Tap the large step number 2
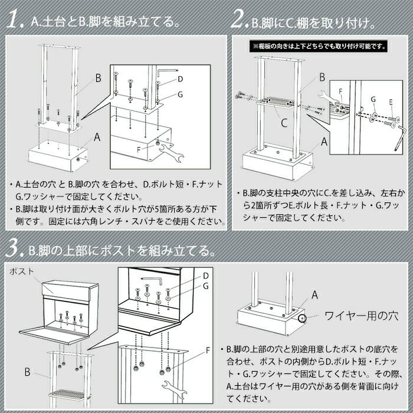click(240, 19)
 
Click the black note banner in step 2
click(319, 47)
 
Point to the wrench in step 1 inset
click(171, 152)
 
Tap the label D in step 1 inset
click(180, 79)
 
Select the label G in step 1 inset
click(180, 94)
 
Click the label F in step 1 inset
click(139, 150)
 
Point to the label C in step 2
click(284, 123)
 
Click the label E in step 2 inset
click(391, 102)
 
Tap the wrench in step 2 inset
click(327, 97)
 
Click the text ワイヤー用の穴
click(361, 316)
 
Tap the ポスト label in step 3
click(22, 271)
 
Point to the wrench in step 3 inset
click(174, 388)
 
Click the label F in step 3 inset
click(208, 350)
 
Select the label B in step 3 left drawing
click(27, 372)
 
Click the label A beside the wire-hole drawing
click(314, 295)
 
